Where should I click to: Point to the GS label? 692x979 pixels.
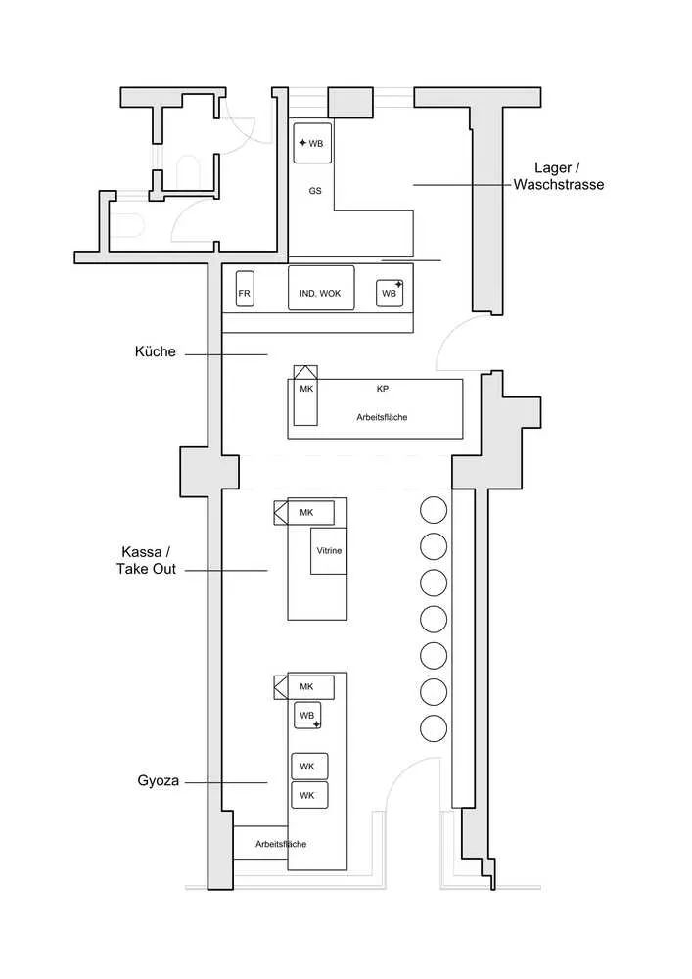click(315, 191)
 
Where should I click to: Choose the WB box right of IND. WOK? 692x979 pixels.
click(391, 292)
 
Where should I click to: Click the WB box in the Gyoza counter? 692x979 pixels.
click(307, 716)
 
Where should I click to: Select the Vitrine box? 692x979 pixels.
click(329, 551)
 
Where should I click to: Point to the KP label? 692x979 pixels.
click(383, 388)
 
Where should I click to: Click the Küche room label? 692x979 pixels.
click(157, 351)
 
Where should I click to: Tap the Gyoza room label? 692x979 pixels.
click(157, 781)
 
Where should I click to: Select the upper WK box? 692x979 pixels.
click(308, 766)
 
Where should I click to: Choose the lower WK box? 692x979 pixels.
click(308, 795)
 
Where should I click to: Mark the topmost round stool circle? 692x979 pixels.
click(434, 510)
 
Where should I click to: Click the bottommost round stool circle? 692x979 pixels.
click(434, 728)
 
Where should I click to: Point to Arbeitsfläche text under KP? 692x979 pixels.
click(382, 417)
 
